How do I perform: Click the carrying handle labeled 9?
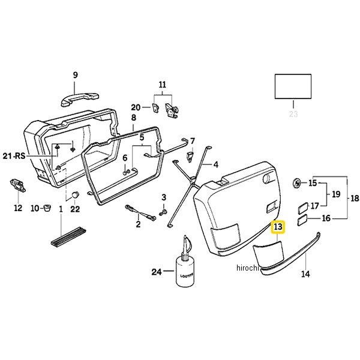[x=76, y=95]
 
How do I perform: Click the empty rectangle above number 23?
[x=293, y=86]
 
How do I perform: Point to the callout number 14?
[x=306, y=274]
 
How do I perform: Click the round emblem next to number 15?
[x=297, y=182]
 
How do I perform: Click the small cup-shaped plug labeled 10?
[x=47, y=209]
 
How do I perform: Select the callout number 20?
[x=136, y=107]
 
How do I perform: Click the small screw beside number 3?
[x=164, y=212]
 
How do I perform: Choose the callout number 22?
[x=75, y=209]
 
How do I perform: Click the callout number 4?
[x=215, y=164]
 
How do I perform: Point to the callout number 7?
[x=192, y=141]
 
